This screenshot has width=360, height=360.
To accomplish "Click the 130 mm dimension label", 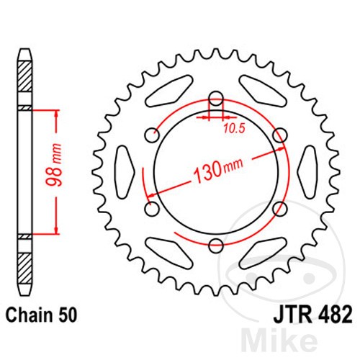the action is click(218, 170).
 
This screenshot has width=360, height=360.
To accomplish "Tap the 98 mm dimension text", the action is click(54, 165).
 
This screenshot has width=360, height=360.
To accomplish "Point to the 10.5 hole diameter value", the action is click(234, 129).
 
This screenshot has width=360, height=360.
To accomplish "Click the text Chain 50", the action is click(41, 315).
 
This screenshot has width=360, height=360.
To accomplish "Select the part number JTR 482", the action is click(313, 315).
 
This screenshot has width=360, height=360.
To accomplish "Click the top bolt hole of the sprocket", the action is click(216, 99).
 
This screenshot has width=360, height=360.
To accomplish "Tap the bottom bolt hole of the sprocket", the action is click(216, 246).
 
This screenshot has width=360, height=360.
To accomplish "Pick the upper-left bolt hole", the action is click(152, 135).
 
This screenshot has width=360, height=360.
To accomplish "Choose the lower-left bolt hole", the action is click(152, 209).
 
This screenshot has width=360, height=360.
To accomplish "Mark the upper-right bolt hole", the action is click(280, 135).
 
